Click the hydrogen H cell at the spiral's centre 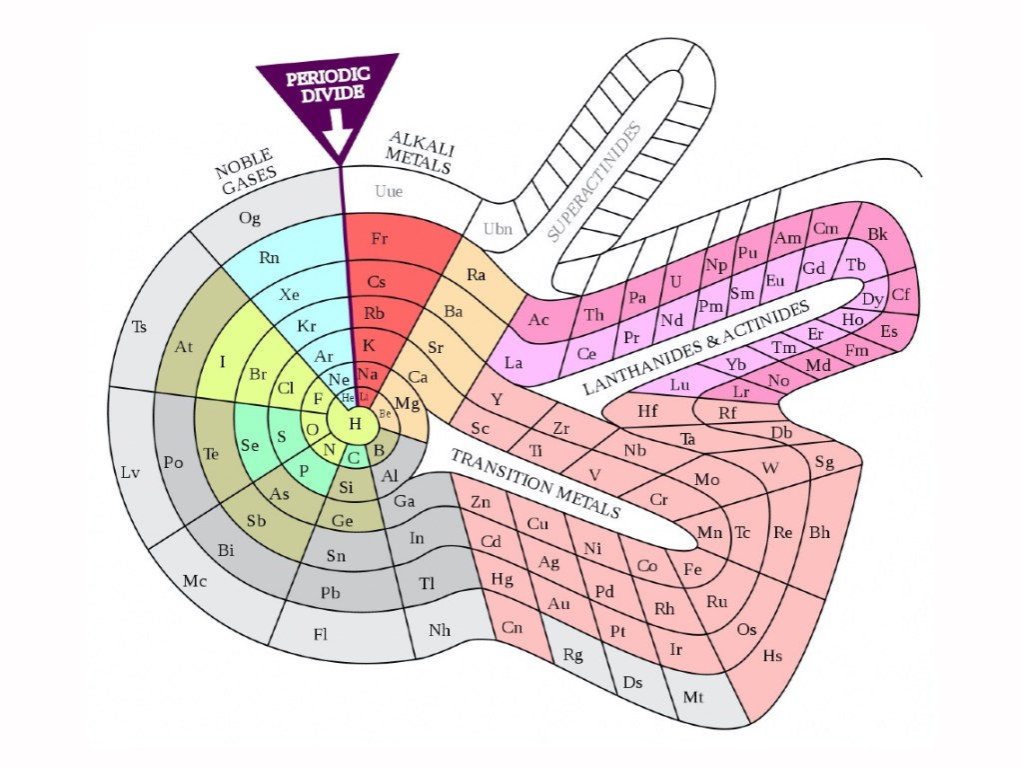point(354,424)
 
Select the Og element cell point(250,218)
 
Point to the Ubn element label point(498,229)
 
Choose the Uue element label point(389,190)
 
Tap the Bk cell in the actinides point(877,234)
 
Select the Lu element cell point(679,384)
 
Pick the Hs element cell point(772,656)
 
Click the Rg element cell point(572,655)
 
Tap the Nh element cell point(439,630)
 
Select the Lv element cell point(131,472)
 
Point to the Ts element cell point(139,326)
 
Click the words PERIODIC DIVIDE point(327,85)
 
